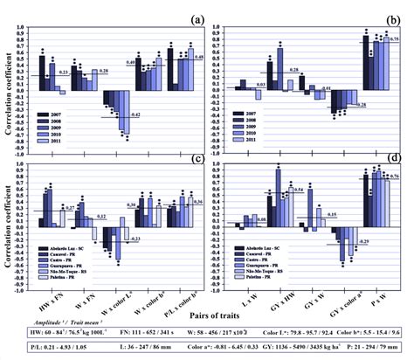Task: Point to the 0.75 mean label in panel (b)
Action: click(395, 40)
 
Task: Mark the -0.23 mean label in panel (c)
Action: click(135, 237)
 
